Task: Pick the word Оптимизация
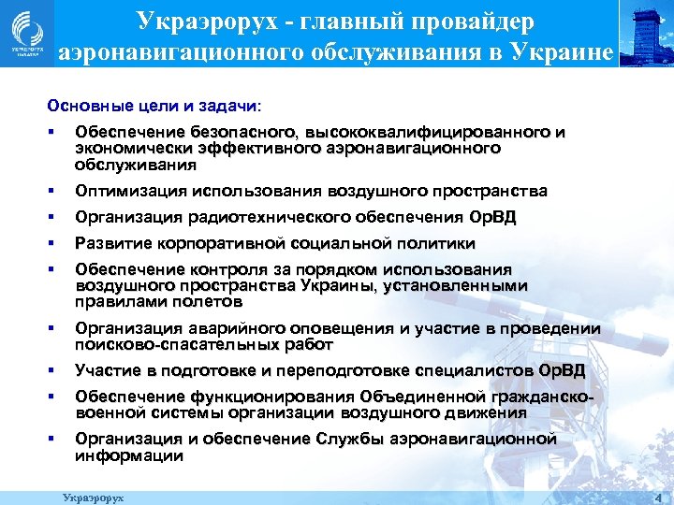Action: [x=129, y=192]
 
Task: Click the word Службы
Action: [x=347, y=440]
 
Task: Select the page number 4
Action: [x=658, y=496]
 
